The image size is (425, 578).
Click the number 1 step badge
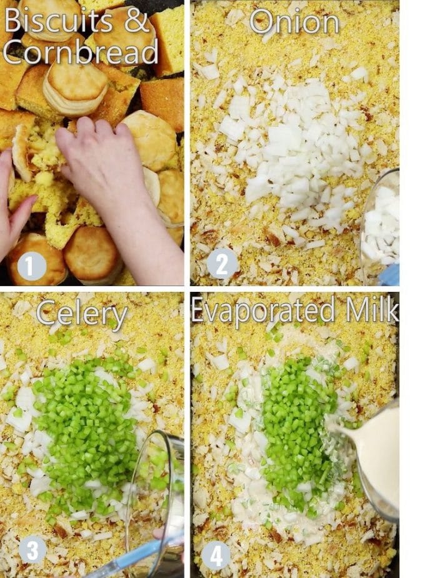(31, 267)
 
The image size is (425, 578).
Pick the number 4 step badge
(217, 555)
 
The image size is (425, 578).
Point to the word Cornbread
(81, 52)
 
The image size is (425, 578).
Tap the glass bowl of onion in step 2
(381, 219)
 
